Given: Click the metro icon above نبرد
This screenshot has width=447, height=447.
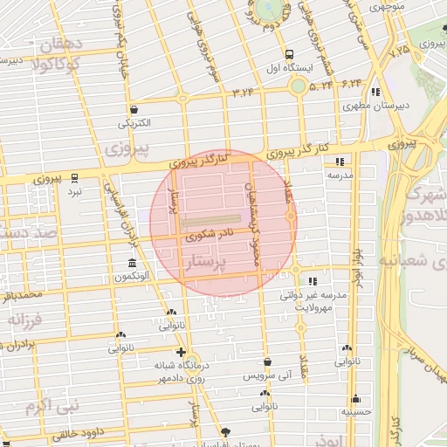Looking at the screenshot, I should coord(75,176).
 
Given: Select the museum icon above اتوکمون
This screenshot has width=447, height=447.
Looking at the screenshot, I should coord(131,264).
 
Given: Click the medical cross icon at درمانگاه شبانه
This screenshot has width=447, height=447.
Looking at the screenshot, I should coord(181,352).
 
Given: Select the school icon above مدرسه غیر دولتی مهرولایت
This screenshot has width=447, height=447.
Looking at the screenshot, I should coord(310,281).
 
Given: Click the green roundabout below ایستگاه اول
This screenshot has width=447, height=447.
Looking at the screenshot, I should coord(299,86).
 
